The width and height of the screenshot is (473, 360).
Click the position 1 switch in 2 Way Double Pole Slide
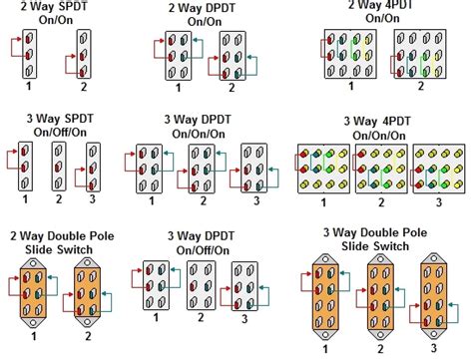coord(34,286)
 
